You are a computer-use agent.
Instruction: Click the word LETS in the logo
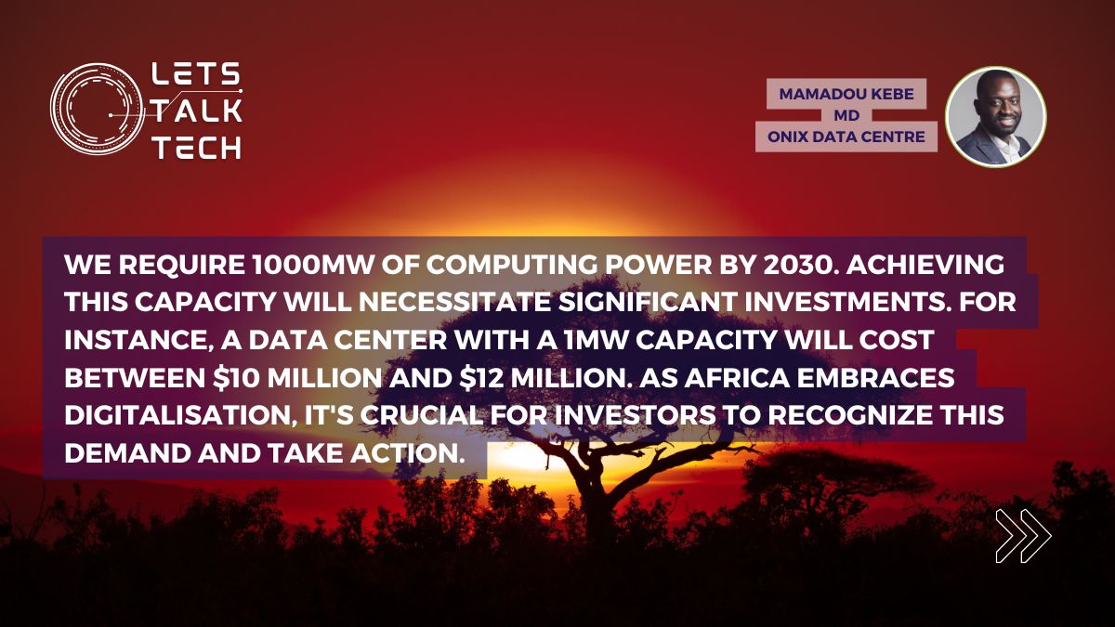196,73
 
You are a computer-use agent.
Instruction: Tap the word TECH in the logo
197,148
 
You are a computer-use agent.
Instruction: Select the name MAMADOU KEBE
846,94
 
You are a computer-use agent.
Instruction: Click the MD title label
846,115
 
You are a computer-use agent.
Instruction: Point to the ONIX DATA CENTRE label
846,137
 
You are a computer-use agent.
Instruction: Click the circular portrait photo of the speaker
995,116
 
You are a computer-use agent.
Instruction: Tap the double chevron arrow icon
1023,536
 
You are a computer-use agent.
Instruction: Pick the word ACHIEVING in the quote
925,265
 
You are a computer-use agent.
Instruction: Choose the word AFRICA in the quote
737,378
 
